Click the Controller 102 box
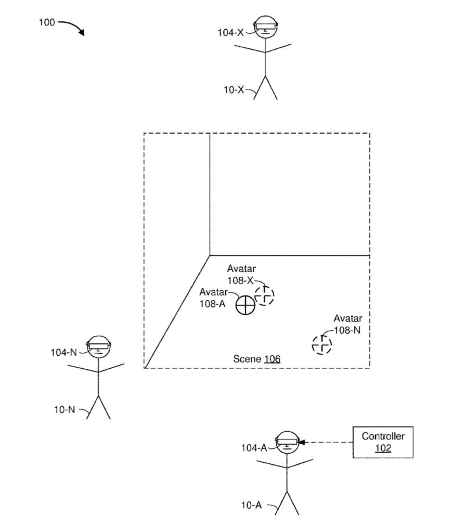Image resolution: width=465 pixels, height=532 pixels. pos(383,442)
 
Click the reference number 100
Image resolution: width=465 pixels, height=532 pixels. pos(46,23)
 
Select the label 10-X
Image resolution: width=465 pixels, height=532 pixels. pos(234,89)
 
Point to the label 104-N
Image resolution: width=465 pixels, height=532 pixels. pos(63,352)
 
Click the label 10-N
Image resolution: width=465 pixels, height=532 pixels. pos(64,409)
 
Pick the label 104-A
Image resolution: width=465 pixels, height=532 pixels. pos(254,448)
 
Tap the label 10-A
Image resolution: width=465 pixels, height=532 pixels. pos(251,504)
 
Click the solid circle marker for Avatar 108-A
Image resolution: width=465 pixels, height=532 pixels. pos(244,305)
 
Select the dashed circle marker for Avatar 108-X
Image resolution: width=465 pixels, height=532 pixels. pos(264,295)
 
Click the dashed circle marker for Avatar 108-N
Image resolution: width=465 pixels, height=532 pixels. pos(321,344)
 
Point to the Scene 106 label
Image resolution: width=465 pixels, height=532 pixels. pos(256,359)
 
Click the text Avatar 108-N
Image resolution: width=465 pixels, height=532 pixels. pos(347,324)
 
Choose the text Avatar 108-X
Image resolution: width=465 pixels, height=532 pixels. pos(241,274)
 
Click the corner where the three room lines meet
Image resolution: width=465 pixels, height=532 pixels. pos(210,255)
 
